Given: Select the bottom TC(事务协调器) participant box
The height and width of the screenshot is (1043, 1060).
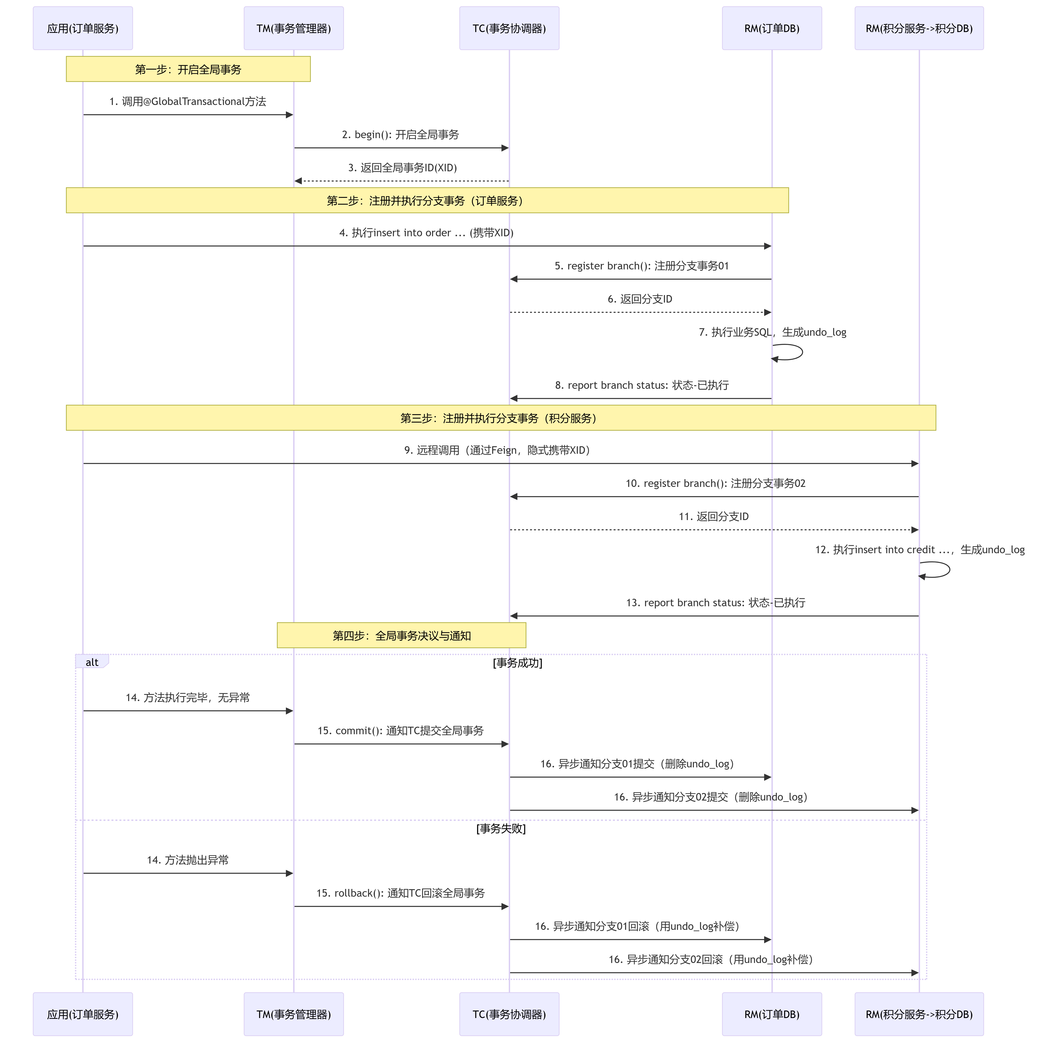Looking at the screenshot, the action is point(509,1014).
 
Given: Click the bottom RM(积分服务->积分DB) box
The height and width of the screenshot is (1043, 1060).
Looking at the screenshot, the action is point(919,1014).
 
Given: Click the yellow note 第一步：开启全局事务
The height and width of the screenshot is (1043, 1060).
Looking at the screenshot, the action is point(188,69).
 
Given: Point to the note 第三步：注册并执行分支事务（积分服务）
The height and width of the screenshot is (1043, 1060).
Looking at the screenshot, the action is point(501,418).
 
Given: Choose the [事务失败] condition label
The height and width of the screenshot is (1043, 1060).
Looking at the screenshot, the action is point(501,828).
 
